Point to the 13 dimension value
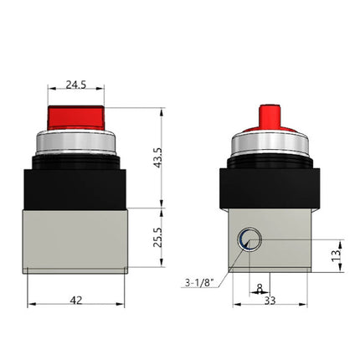(x=336, y=253)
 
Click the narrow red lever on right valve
(x=270, y=116)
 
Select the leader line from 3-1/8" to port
(x=231, y=266)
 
